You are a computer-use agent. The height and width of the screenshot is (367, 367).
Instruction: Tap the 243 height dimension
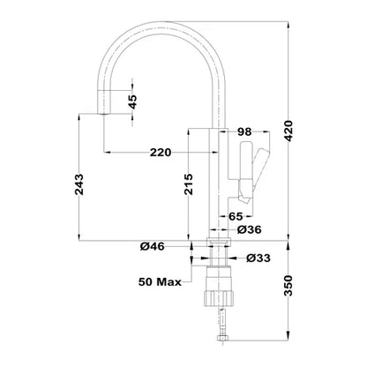pos(79,183)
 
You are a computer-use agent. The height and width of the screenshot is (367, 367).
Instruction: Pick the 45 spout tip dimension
pos(132,102)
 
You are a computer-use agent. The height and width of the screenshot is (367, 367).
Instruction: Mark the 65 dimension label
pos(237,214)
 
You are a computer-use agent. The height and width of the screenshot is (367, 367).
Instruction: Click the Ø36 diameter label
pos(251,230)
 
